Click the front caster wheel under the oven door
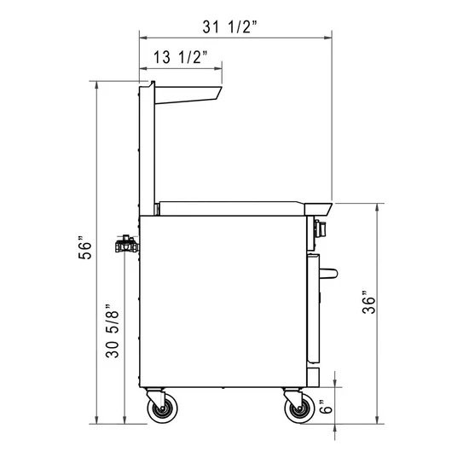(x=298, y=412)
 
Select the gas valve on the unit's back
(x=125, y=244)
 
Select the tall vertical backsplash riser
(x=147, y=145)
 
